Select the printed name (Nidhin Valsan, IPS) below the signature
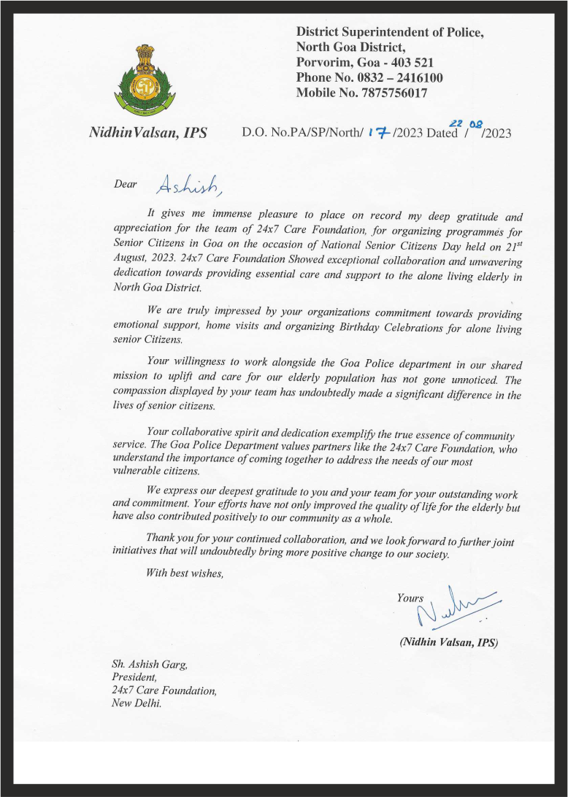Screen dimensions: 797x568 click(x=448, y=643)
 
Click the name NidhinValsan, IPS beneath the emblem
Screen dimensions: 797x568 click(x=147, y=133)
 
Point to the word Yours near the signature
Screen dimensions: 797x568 click(x=410, y=598)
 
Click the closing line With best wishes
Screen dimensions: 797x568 click(x=185, y=573)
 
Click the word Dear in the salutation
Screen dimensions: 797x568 click(x=126, y=184)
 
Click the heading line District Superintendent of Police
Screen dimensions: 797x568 click(x=390, y=32)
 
